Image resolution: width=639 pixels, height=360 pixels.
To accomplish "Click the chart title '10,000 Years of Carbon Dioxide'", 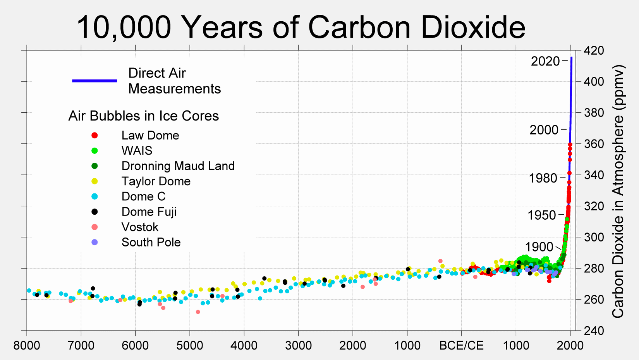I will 301,27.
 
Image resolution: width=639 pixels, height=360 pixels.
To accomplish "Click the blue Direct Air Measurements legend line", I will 94,81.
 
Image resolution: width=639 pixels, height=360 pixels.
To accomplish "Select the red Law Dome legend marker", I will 94,135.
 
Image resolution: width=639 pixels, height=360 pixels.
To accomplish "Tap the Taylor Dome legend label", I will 156,181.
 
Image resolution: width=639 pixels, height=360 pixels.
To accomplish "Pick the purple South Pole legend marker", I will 94,242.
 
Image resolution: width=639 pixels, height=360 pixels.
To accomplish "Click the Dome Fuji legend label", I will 149,212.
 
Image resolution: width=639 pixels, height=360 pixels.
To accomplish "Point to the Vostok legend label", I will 140,227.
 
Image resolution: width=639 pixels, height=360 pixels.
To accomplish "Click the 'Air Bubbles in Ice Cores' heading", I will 143,116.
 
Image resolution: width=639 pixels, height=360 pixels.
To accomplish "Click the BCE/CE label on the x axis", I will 461,346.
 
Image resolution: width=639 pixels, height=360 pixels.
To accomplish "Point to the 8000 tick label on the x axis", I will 27,346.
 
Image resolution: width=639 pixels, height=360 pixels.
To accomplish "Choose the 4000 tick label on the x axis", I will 244,346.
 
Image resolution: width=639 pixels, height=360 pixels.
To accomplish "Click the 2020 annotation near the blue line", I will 545,61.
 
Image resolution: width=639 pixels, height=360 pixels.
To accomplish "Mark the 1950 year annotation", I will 542,215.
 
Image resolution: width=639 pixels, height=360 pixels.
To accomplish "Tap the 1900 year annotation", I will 539,247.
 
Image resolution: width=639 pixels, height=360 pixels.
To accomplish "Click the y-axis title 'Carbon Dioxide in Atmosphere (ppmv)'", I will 618,191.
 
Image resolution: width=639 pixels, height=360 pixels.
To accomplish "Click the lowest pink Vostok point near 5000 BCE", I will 198,312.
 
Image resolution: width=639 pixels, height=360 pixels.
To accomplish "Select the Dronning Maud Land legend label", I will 178,166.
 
